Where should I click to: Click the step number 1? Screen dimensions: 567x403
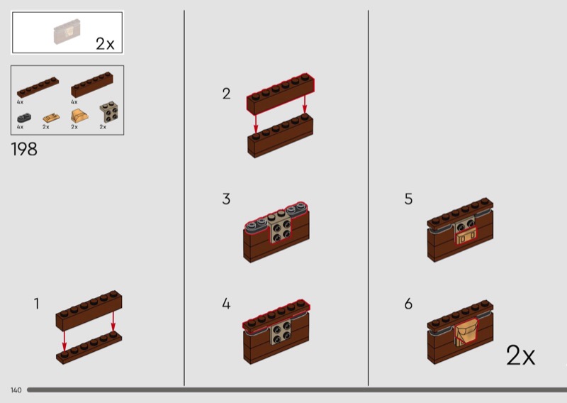click(36, 304)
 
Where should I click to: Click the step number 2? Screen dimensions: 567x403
click(226, 94)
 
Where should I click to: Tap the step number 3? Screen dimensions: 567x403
click(226, 199)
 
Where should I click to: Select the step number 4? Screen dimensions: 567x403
click(226, 304)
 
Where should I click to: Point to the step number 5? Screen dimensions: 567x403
click(408, 199)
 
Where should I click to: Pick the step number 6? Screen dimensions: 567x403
click(408, 304)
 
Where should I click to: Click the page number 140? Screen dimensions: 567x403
click(16, 390)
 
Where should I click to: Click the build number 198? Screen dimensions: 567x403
click(24, 149)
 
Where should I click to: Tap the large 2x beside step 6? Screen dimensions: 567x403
click(520, 355)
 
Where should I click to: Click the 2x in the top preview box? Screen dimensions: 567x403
click(105, 44)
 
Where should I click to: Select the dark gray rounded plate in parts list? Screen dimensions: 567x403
click(24, 118)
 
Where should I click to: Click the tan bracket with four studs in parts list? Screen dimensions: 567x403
click(108, 112)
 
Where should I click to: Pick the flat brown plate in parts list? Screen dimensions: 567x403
click(38, 87)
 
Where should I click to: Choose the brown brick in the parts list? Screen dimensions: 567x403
click(92, 84)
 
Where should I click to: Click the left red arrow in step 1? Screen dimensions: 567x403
click(64, 341)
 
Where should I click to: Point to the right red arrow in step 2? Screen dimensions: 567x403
click(305, 104)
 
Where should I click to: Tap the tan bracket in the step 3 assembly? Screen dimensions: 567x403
click(281, 228)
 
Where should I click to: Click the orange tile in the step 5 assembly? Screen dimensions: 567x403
click(466, 236)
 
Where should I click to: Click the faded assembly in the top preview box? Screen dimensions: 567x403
click(67, 32)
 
